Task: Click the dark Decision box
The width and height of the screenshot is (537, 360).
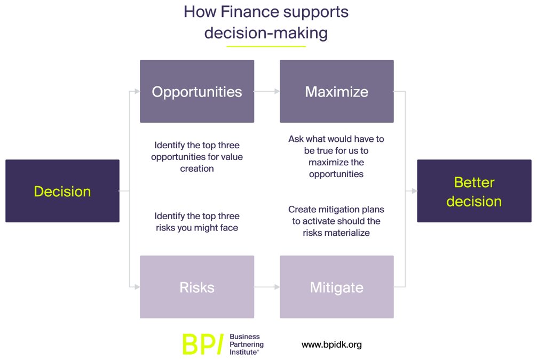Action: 62,191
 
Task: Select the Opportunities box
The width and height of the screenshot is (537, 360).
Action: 196,91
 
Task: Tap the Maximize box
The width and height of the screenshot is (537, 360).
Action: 336,91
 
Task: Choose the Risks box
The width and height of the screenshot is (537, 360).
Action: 196,287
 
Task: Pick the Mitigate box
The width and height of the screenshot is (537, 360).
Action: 336,287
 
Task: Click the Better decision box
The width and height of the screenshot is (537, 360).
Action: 473,191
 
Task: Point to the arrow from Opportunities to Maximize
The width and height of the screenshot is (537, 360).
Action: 266,91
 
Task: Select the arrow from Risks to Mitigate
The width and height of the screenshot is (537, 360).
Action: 266,287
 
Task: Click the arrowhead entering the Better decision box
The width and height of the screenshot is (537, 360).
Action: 414,190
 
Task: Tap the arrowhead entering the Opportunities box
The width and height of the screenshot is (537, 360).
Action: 137,91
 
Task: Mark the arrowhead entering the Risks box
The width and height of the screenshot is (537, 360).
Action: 137,287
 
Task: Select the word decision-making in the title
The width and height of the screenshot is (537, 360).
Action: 266,33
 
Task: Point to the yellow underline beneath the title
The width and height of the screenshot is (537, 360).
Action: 266,46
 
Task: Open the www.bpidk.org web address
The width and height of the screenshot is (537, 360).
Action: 331,345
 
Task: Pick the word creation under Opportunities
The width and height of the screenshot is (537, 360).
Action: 197,169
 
